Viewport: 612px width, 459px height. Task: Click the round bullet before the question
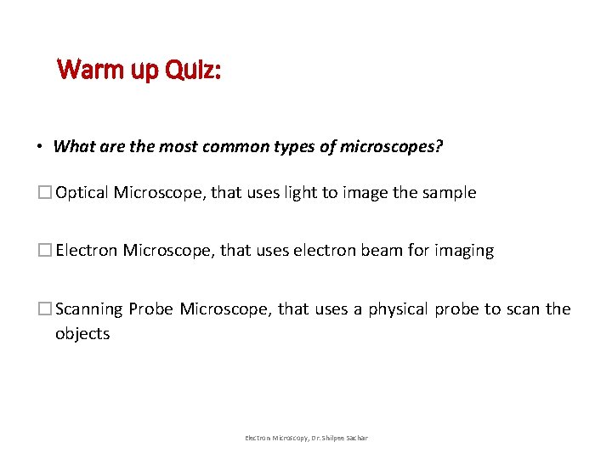tap(40, 147)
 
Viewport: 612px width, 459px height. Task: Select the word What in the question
tap(73, 147)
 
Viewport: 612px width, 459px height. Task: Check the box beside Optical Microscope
tap(46, 193)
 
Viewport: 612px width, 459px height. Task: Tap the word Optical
tap(82, 193)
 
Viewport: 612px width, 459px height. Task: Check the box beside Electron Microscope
tap(46, 251)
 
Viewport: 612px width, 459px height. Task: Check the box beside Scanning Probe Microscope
tap(46, 309)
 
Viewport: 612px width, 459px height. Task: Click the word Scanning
tap(89, 309)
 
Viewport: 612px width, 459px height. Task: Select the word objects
tap(82, 334)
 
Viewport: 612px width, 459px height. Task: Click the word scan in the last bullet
tap(522, 309)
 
